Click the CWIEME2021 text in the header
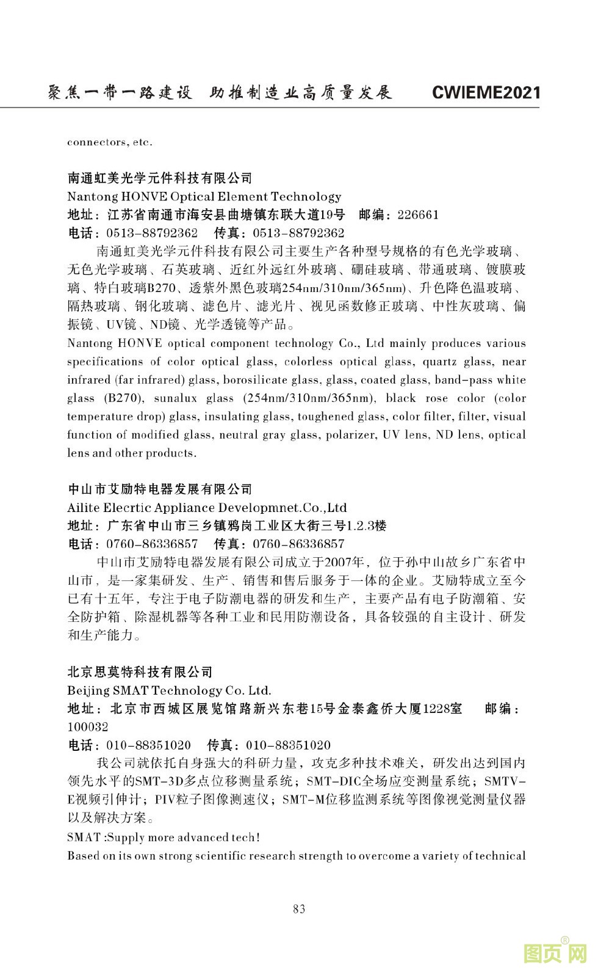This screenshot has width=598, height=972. (486, 93)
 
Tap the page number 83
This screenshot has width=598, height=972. (299, 908)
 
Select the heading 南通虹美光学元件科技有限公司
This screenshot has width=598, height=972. (160, 178)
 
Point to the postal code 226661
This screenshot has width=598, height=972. (418, 215)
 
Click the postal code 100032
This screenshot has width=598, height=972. (88, 727)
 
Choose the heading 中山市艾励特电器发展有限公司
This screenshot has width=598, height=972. (160, 489)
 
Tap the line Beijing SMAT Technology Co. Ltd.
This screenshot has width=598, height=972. (169, 691)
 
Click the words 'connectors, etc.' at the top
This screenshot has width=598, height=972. (110, 142)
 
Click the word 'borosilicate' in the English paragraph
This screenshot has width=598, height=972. (253, 380)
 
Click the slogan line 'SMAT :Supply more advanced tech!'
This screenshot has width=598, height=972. (164, 838)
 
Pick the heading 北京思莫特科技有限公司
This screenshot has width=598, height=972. (140, 673)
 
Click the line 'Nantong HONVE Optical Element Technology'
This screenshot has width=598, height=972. (204, 197)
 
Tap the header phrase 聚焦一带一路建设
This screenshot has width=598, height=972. (120, 93)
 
